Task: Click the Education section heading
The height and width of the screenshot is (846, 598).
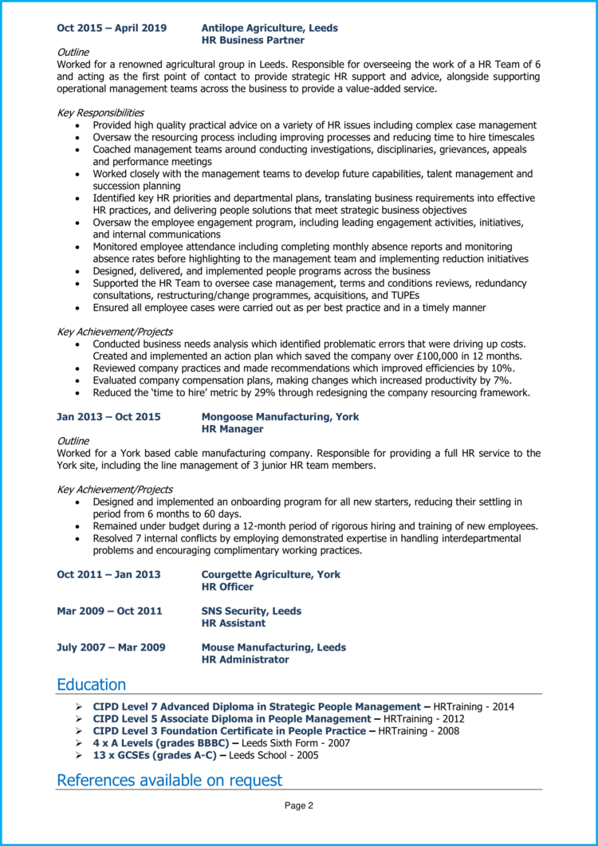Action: (91, 685)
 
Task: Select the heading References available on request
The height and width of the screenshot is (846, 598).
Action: (169, 780)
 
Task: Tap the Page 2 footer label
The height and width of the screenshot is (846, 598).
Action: (299, 806)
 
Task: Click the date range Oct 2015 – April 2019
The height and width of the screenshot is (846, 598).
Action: (112, 28)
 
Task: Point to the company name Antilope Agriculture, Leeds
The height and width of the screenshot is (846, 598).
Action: (269, 28)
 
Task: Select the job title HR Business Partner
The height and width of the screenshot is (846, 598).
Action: (253, 39)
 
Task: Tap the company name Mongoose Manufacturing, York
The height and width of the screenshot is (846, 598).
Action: (280, 417)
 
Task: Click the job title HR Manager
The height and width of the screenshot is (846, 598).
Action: (232, 429)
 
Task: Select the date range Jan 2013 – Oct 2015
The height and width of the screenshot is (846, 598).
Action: (108, 417)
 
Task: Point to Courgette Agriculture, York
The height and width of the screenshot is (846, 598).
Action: (271, 574)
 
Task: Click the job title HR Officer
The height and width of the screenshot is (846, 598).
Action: (227, 587)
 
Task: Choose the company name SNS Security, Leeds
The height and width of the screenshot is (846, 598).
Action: (251, 611)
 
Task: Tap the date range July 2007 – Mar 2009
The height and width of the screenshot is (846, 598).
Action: (111, 647)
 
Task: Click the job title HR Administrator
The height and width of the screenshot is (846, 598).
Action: (245, 659)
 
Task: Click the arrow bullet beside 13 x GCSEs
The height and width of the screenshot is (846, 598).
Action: (78, 755)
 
